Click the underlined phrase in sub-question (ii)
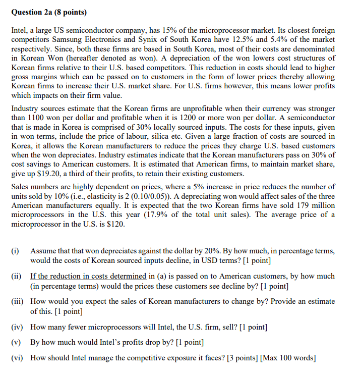tap(88, 276)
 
